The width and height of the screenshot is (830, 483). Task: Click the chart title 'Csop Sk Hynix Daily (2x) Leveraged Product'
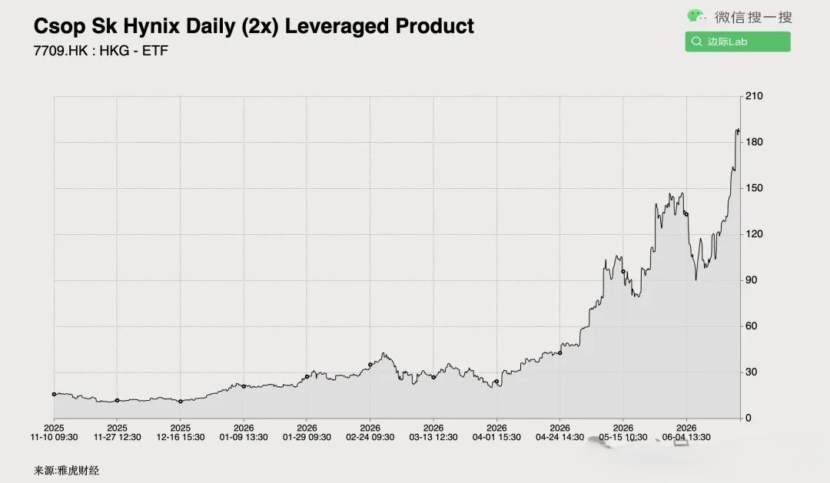point(254,26)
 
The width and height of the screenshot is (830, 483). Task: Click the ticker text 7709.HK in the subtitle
point(61,51)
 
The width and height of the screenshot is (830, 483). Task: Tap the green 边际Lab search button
point(737,41)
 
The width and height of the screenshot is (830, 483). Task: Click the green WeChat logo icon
point(696,16)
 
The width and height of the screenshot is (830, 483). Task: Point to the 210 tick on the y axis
point(754,96)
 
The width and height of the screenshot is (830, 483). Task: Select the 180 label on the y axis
point(754,142)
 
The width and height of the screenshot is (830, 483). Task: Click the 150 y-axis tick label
point(754,188)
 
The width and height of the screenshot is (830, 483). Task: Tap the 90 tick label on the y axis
point(751,280)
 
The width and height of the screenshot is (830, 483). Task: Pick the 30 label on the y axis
point(751,372)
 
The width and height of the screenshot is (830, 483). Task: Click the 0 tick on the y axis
point(748,418)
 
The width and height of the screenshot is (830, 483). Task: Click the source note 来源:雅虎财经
point(66,470)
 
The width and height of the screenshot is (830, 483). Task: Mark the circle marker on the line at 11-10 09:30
point(54,394)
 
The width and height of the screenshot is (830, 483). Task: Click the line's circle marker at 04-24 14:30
point(560,353)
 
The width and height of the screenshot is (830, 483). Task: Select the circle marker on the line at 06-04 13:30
point(686,214)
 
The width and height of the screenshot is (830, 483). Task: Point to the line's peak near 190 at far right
point(737,129)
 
